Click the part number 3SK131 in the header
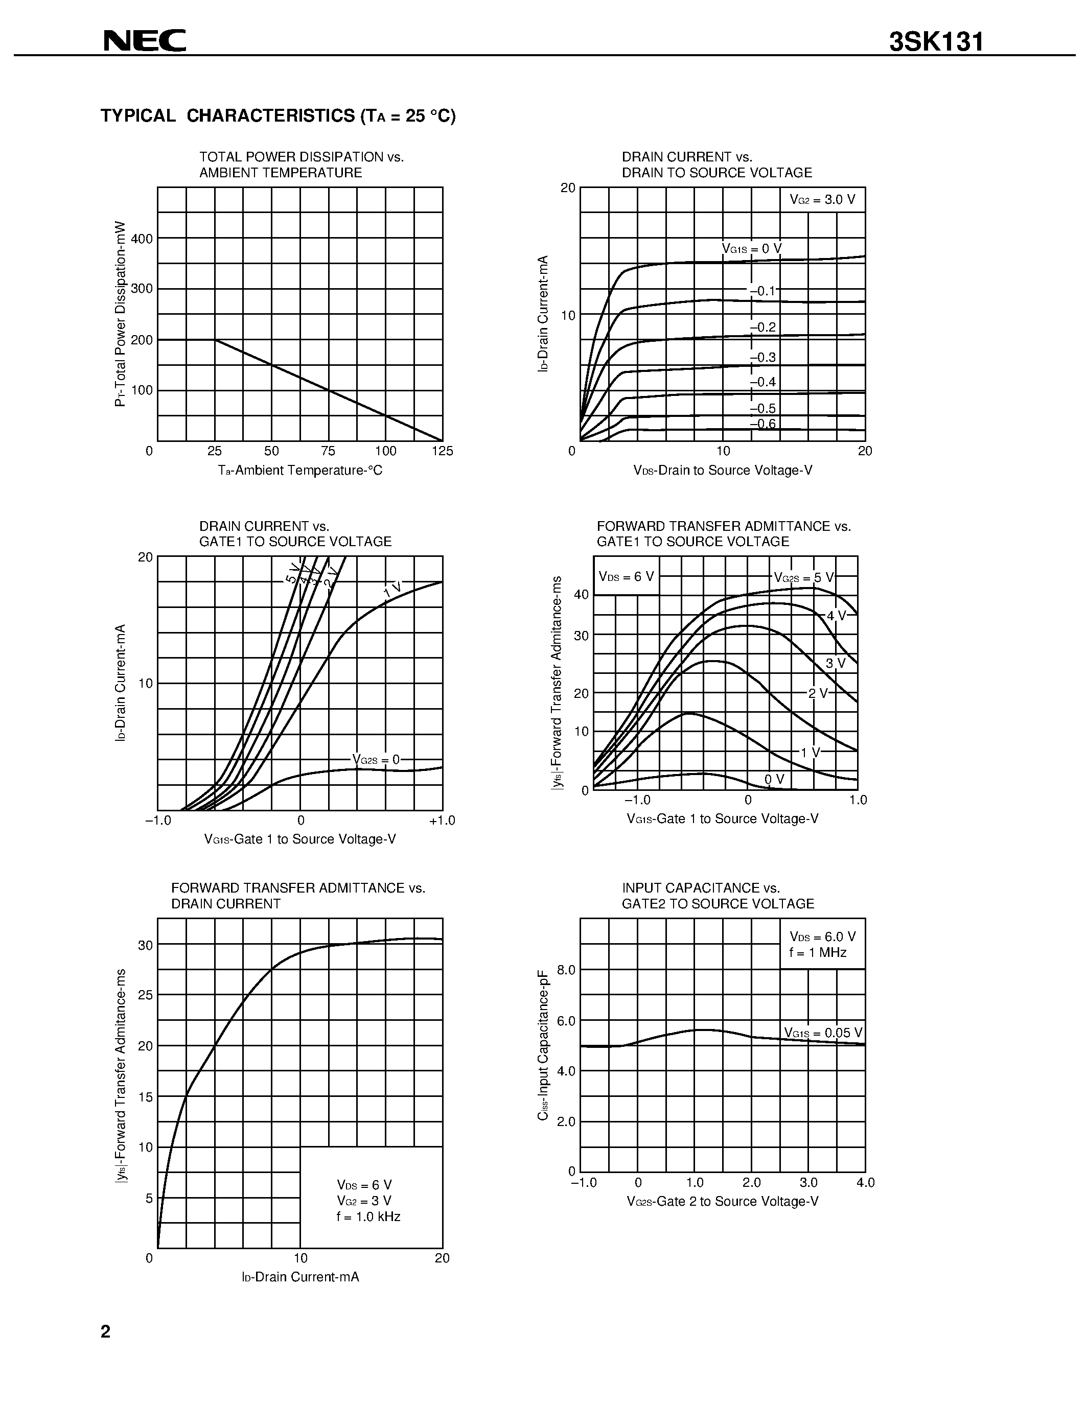[936, 42]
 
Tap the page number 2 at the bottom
[105, 1331]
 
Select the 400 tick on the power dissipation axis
[142, 239]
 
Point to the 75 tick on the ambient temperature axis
[328, 451]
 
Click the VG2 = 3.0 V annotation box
[822, 199]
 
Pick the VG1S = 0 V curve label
[751, 248]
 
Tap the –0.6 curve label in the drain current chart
[763, 424]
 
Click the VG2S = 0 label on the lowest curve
[376, 760]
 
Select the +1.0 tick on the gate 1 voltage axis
[442, 820]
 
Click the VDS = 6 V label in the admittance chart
[626, 576]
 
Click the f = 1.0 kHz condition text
[368, 1216]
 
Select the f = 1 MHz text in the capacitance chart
[818, 953]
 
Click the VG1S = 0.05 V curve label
[823, 1033]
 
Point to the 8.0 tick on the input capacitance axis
[566, 970]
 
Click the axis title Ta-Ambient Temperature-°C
[300, 470]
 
